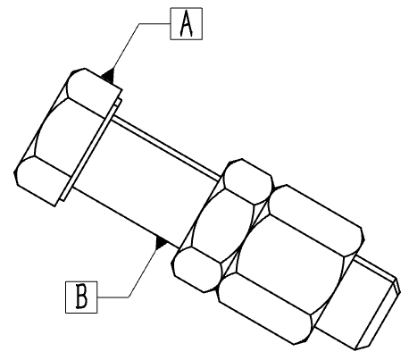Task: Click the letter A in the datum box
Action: (187, 24)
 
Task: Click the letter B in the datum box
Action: (81, 297)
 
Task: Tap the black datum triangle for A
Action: (109, 75)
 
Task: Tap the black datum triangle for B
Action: (161, 242)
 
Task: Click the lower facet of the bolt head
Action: (43, 180)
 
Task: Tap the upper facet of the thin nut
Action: (247, 181)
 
